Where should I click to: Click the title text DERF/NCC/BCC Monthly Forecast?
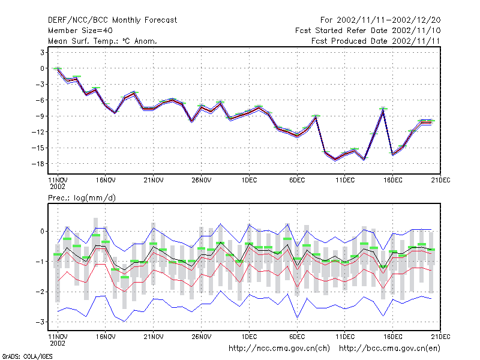[112, 20]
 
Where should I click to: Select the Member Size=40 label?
[80, 31]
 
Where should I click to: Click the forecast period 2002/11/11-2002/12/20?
[388, 20]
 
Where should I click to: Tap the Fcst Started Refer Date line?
[368, 31]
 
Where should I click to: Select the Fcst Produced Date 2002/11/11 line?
[376, 41]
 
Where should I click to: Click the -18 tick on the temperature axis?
[38, 164]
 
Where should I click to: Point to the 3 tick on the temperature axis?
[42, 52]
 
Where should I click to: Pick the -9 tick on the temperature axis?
[40, 116]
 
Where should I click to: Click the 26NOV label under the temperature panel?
[202, 180]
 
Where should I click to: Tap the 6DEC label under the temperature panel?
[297, 180]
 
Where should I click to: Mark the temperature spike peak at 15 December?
[383, 109]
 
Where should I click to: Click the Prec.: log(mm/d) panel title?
[82, 198]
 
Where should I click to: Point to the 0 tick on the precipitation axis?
[42, 232]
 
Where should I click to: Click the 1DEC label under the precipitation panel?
[249, 337]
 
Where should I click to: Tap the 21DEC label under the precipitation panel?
[440, 337]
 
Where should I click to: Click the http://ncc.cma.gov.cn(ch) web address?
[279, 349]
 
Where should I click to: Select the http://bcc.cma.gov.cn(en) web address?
[389, 349]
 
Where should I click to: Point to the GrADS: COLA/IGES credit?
[27, 356]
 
